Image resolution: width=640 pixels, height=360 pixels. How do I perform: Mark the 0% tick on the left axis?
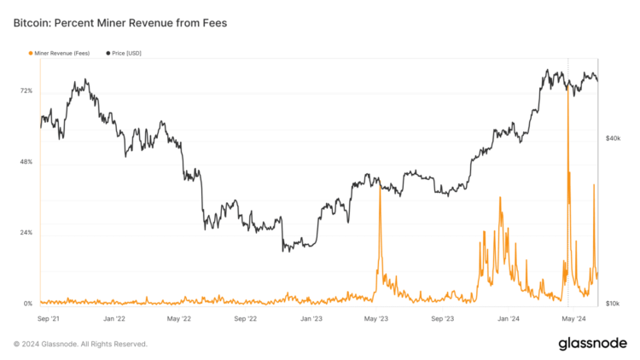click(28, 304)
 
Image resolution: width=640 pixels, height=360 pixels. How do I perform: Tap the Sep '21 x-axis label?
click(49, 319)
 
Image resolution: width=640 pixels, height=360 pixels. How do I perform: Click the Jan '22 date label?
click(114, 319)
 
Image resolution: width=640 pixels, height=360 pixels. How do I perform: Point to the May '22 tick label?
click(180, 319)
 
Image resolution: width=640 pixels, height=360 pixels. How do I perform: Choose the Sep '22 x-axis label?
click(246, 319)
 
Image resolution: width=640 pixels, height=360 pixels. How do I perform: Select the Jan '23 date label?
click(311, 319)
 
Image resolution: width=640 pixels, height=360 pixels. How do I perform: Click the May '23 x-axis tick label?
click(376, 319)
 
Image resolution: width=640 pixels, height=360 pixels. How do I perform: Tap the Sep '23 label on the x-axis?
click(443, 319)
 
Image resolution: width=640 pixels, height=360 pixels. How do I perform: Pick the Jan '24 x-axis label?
click(509, 319)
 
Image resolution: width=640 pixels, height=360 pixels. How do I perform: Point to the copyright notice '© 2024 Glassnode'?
click(80, 344)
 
